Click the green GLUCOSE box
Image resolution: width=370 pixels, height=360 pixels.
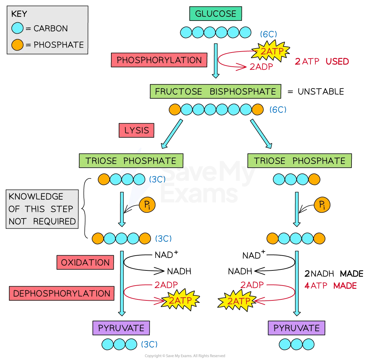click(x=215, y=14)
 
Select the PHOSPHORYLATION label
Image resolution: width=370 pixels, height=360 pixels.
click(x=159, y=60)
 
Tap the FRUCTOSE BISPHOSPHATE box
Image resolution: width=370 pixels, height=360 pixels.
click(x=215, y=91)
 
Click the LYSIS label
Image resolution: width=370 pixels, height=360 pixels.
click(x=136, y=130)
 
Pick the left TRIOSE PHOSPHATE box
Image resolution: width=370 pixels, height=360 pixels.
click(x=131, y=161)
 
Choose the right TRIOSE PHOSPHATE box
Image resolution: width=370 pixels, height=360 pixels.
click(x=299, y=161)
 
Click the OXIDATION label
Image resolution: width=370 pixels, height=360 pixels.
click(x=85, y=263)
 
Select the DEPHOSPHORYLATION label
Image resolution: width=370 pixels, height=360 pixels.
click(x=62, y=293)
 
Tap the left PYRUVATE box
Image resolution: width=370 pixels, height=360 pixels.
click(x=121, y=328)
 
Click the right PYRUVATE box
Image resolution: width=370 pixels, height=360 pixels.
click(x=296, y=328)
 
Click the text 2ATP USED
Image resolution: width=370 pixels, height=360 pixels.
click(x=322, y=61)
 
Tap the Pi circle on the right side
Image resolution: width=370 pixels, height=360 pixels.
click(x=322, y=205)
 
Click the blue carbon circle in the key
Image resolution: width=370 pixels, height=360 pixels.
click(x=17, y=28)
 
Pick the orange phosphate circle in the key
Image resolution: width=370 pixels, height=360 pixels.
click(x=17, y=44)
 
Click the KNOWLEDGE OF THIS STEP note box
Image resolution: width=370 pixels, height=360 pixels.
click(x=42, y=209)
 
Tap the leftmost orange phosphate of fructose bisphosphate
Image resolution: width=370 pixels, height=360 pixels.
click(x=175, y=109)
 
